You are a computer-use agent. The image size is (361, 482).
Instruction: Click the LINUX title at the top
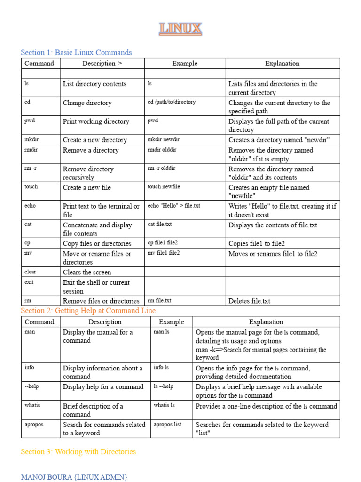180,29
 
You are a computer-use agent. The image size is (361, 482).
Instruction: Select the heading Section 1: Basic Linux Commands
76,53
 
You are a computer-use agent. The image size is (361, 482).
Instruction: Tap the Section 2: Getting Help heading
88,311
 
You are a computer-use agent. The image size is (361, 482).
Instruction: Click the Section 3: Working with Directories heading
78,452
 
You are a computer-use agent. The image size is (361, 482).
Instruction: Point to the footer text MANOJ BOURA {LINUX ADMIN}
74,477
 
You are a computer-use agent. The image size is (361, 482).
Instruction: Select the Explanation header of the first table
282,64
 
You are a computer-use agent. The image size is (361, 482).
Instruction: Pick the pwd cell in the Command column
30,120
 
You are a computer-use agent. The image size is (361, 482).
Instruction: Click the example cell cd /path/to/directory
172,102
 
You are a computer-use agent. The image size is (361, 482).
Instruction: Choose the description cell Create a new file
87,187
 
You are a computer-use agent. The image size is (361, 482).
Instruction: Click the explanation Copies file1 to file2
257,243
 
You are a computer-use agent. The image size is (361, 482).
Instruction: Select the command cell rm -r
30,168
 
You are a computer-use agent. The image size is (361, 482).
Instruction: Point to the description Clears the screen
87,272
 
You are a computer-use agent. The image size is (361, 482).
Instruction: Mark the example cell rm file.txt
159,300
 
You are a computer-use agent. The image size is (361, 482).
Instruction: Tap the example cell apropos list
167,424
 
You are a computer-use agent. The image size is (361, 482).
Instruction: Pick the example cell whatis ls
164,405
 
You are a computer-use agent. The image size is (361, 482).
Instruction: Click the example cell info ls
161,367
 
